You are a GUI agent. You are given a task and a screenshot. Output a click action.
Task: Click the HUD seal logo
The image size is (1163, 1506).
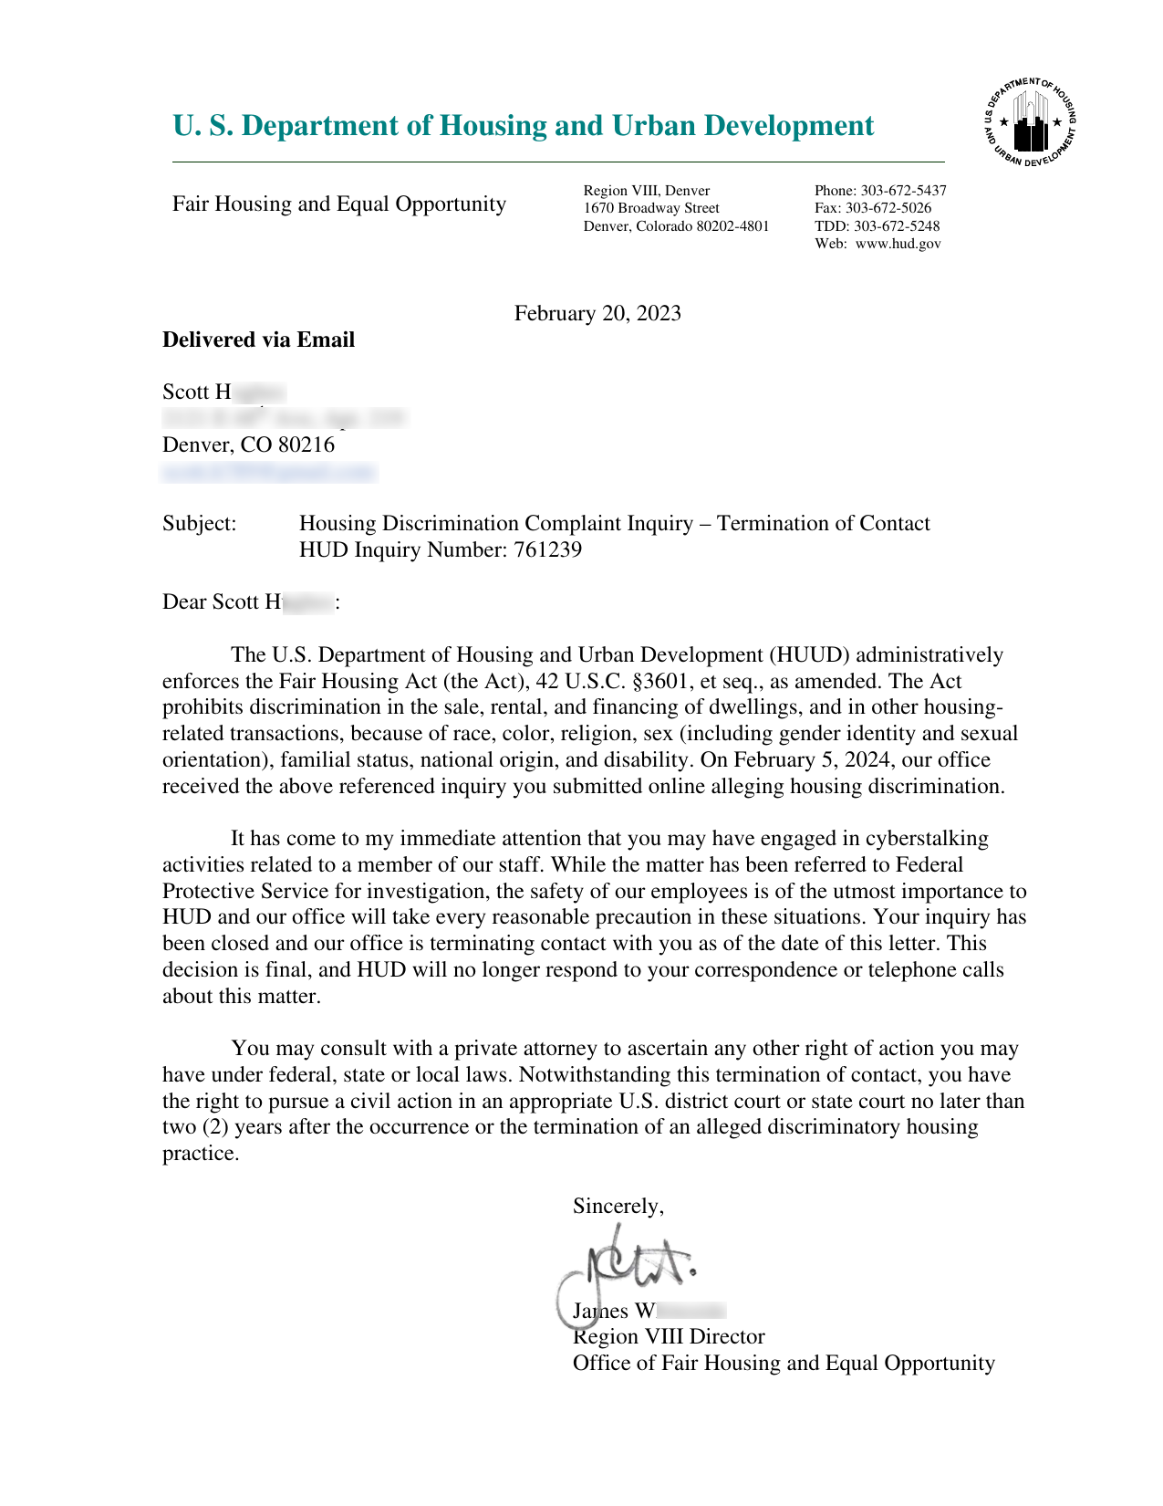pos(1031,123)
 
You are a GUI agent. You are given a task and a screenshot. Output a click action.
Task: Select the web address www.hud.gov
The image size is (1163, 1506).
pos(898,244)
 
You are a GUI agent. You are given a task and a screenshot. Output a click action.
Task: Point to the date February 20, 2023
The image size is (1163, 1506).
pos(597,314)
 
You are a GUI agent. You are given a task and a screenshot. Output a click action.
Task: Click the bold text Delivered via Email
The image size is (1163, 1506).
pos(258,340)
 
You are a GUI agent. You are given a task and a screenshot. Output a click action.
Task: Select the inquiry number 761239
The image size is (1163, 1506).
pos(547,550)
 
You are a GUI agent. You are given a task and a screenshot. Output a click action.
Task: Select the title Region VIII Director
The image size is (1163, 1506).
pos(669,1337)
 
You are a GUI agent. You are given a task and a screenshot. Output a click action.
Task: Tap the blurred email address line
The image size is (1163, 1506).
pos(269,472)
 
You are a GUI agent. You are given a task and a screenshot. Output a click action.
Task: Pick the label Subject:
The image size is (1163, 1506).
pos(199,524)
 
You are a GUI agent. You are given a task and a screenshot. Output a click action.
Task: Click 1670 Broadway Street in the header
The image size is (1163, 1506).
pos(651,208)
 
